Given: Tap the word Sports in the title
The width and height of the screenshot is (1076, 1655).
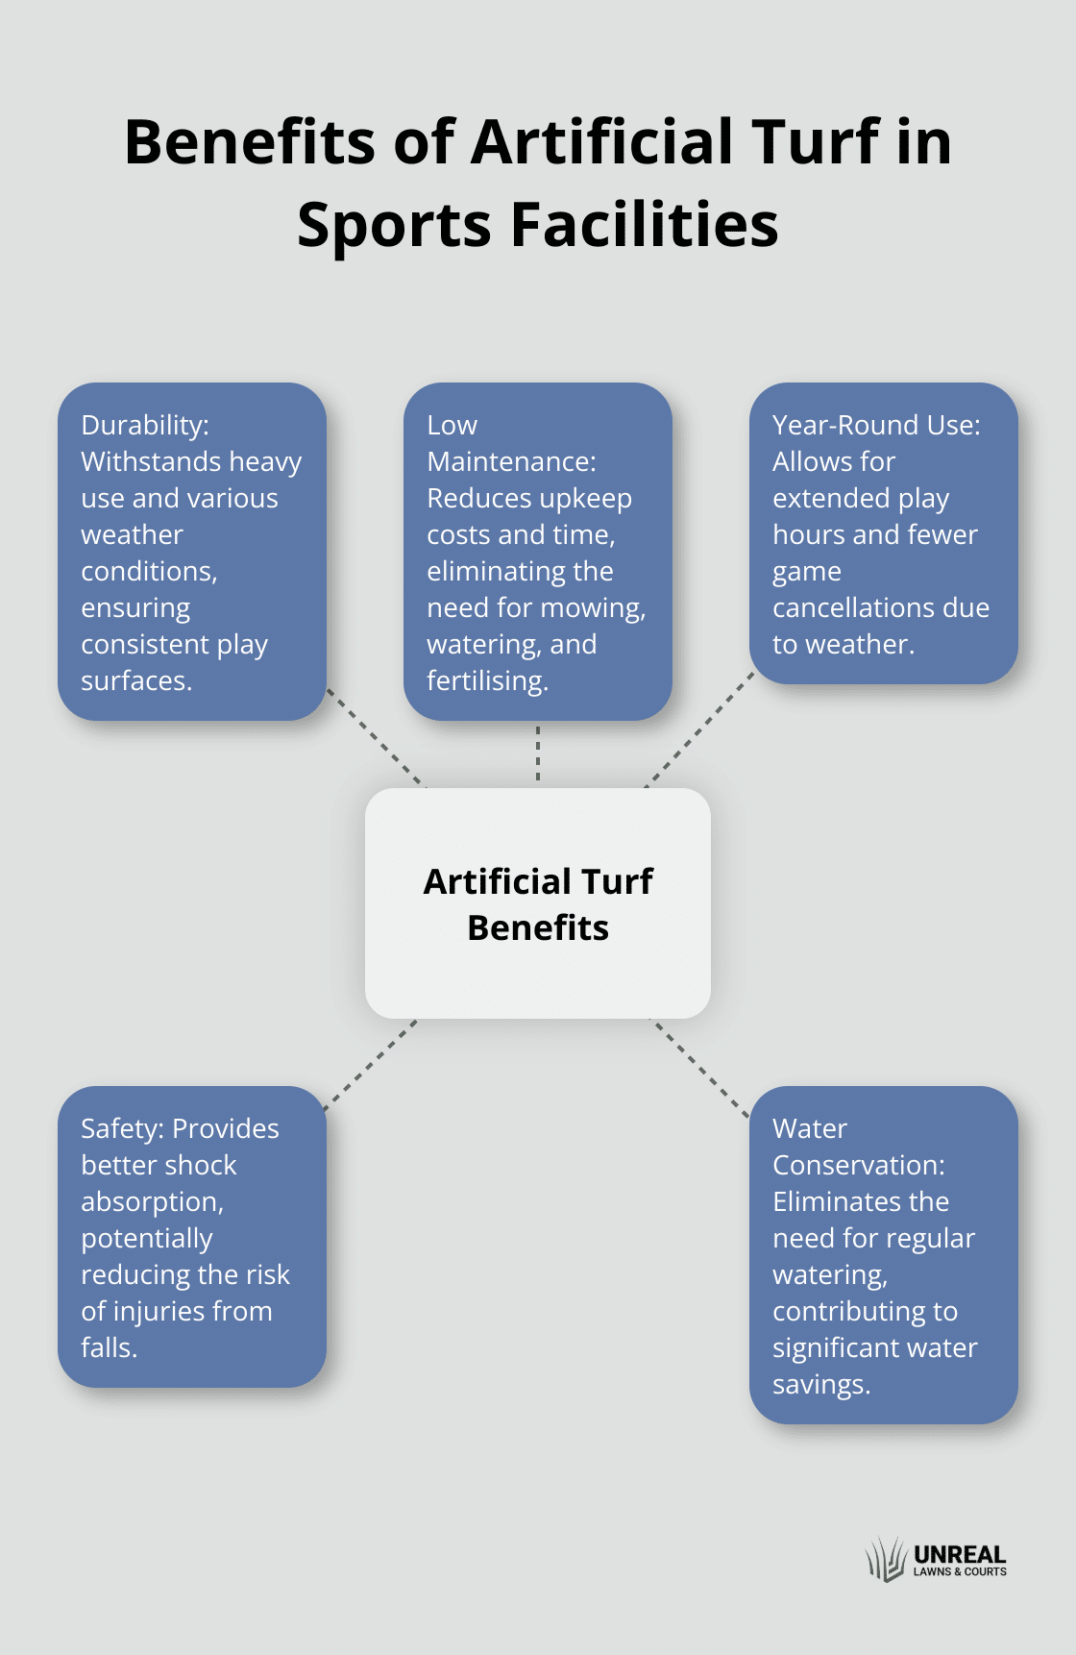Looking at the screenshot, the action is [394, 227].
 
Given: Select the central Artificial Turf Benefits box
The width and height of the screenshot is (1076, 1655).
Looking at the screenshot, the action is [538, 903].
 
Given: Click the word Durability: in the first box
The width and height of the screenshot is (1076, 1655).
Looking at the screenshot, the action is [145, 425].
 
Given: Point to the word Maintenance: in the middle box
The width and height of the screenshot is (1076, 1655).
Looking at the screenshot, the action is [511, 461].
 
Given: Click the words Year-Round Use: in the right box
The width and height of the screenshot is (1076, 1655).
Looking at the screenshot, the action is [876, 425].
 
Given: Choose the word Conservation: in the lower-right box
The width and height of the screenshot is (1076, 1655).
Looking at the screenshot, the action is [859, 1165].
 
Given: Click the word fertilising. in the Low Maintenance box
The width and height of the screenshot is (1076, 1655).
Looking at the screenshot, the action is [487, 681].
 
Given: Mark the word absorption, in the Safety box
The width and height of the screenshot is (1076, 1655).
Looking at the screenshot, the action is [152, 1202].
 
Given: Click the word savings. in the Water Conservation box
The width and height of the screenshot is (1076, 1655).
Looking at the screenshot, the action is [821, 1385].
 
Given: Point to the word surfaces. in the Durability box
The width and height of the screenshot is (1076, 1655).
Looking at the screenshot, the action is [136, 681].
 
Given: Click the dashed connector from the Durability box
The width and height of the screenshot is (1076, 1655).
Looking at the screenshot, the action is [376, 738].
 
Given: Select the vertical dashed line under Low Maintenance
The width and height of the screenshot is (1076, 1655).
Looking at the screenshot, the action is [538, 754].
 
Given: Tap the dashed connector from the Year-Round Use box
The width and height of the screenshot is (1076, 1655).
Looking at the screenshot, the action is [699, 730].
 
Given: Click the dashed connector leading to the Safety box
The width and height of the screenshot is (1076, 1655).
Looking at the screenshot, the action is [370, 1065].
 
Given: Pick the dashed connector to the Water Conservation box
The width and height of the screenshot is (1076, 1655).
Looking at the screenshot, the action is [699, 1068].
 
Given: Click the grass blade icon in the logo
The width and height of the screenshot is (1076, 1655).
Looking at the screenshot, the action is [886, 1559].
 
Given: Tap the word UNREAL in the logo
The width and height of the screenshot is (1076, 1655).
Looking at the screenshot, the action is [960, 1554].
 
